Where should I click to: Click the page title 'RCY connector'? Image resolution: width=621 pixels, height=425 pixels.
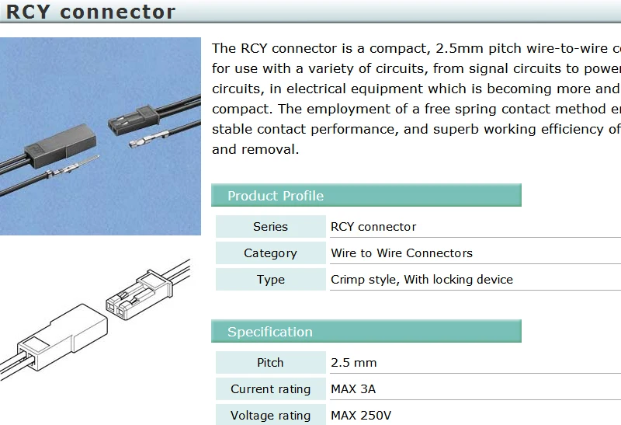[x=91, y=12]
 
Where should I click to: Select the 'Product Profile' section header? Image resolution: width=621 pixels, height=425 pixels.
[x=276, y=196]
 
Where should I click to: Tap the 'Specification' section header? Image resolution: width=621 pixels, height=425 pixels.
[x=270, y=332]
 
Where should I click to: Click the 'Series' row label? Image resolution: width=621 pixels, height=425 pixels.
[x=270, y=226]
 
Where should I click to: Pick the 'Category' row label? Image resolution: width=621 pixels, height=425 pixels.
[x=270, y=253]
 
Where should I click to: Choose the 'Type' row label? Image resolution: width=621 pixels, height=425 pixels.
[x=270, y=280]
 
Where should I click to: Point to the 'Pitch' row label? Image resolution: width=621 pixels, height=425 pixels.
[x=270, y=362]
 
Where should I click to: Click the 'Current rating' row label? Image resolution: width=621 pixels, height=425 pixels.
[x=270, y=389]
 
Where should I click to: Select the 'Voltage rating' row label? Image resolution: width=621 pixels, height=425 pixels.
[x=270, y=416]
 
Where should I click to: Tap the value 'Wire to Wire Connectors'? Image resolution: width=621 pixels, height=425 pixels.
[x=401, y=253]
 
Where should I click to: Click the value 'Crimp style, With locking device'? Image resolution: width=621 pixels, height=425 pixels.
[x=422, y=280]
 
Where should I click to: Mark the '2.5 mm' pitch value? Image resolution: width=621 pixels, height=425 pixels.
[x=354, y=362]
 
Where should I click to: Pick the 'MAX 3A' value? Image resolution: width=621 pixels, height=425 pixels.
[x=353, y=389]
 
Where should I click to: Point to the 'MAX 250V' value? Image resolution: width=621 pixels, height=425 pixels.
[x=361, y=416]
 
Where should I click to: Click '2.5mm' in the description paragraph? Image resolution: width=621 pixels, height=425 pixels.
[x=460, y=48]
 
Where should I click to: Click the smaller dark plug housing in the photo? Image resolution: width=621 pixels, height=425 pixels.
[x=134, y=120]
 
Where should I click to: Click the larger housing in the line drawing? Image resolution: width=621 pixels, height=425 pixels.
[x=64, y=337]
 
